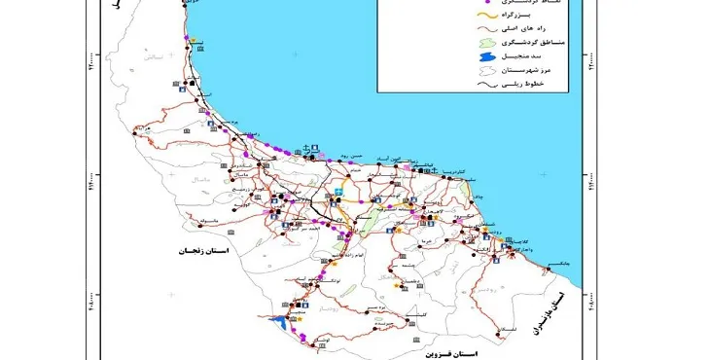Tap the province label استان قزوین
(451, 346)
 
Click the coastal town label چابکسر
(555, 264)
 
